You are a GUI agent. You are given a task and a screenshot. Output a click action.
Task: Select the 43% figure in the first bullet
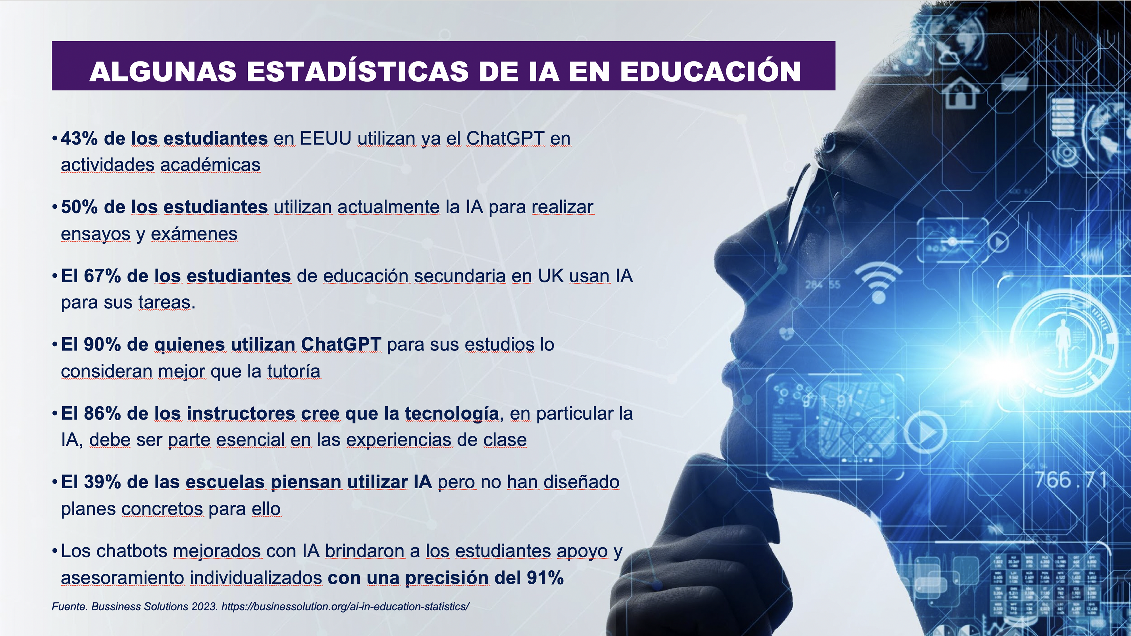[x=79, y=138]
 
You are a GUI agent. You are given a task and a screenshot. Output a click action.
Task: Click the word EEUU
[x=326, y=138]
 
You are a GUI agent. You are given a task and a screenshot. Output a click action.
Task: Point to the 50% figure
[x=79, y=207]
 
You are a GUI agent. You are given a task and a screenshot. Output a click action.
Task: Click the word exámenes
[x=194, y=234]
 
